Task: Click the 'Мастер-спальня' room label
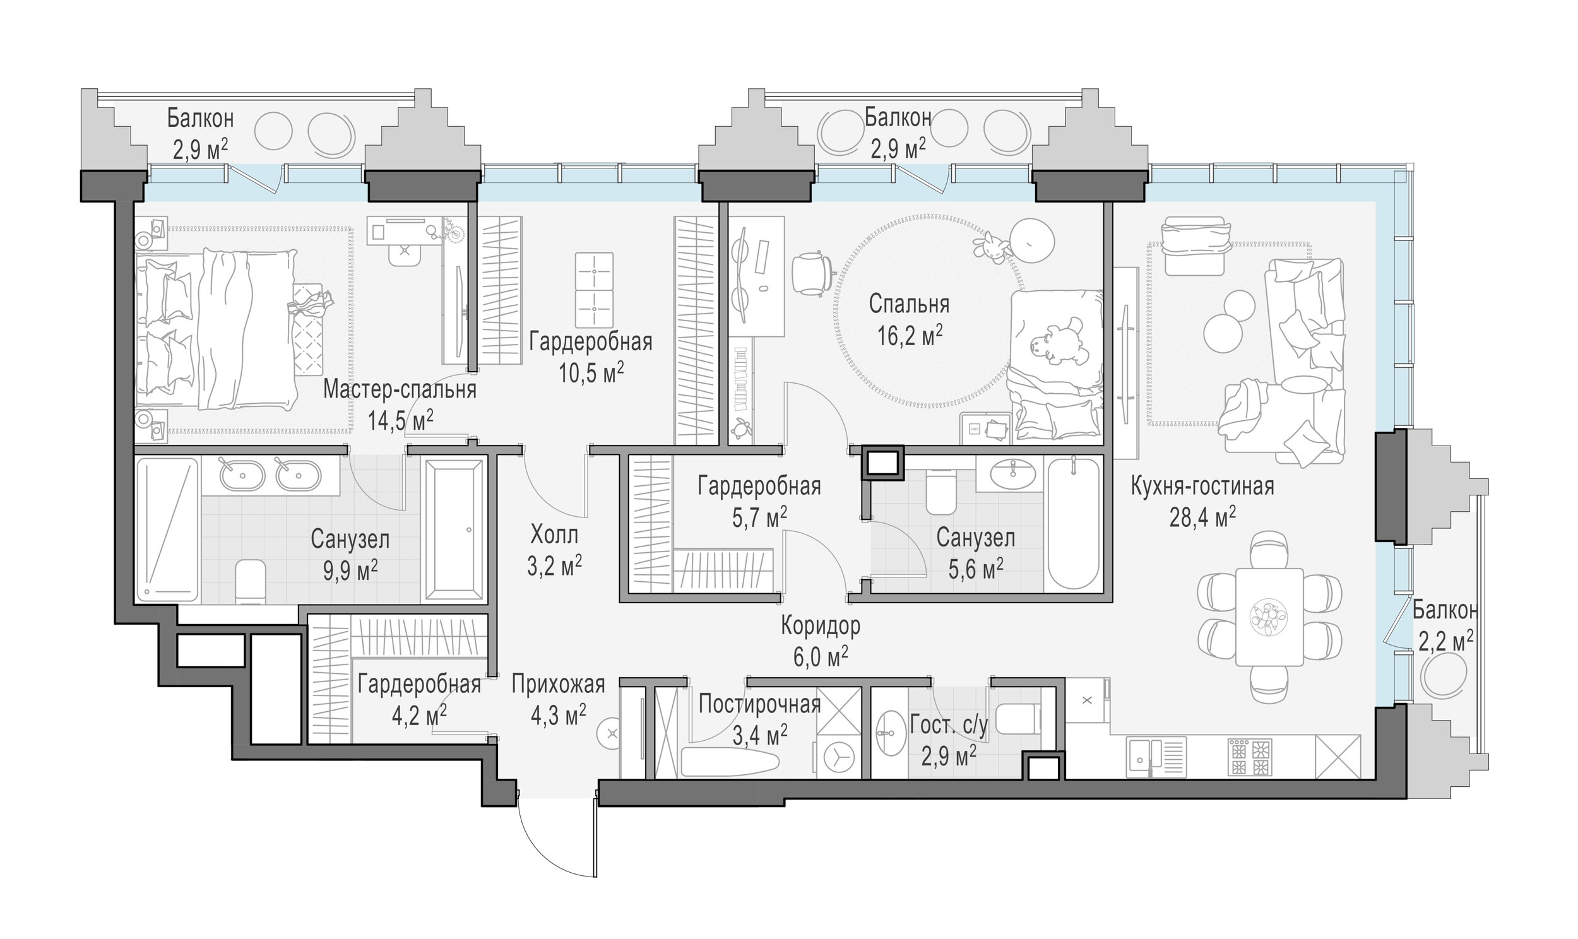400,390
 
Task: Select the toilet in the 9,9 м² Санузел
251,581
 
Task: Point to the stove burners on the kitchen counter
1249,757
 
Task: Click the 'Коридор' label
820,626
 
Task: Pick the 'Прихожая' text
558,684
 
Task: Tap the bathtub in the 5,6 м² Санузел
1073,523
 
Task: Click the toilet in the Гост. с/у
1019,718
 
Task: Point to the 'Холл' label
554,535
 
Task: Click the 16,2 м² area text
909,334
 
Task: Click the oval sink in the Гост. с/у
891,733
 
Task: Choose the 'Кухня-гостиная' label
1202,486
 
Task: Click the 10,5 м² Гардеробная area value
591,372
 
